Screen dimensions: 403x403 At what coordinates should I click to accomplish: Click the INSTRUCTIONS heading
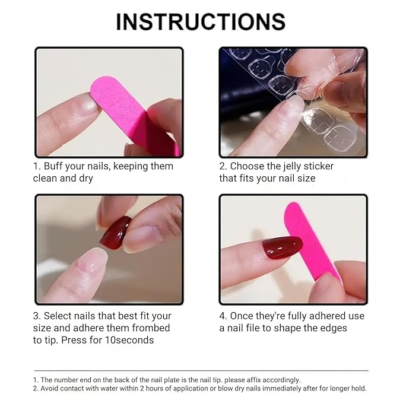[x=201, y=22]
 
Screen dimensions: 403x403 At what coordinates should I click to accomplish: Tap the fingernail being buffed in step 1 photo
[x=84, y=105]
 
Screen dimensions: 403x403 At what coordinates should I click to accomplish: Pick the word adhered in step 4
[x=322, y=316]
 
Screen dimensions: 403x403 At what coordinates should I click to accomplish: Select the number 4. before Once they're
[x=223, y=316]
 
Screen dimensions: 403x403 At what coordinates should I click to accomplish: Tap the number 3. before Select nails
[x=37, y=316]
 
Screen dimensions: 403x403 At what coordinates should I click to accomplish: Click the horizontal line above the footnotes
[x=201, y=371]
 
